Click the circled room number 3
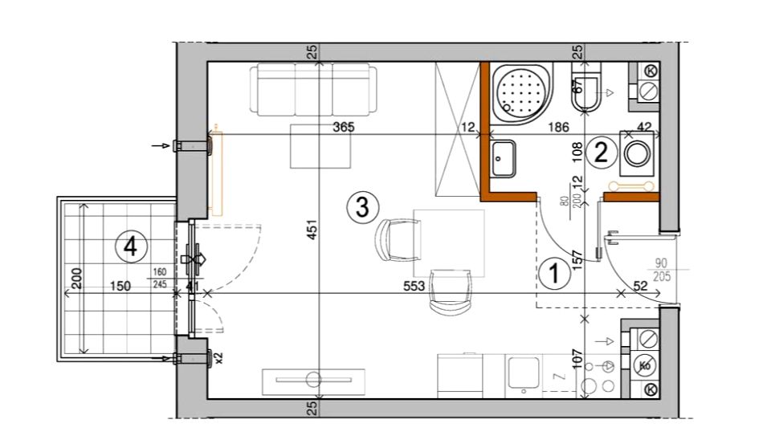click(x=362, y=207)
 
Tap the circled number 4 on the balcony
click(x=130, y=246)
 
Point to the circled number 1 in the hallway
click(x=555, y=274)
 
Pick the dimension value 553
click(x=414, y=286)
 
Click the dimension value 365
click(x=344, y=127)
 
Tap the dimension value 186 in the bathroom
click(x=558, y=128)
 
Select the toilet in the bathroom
click(x=586, y=89)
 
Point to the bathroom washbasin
click(x=503, y=158)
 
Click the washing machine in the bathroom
click(x=636, y=153)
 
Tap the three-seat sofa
click(x=313, y=90)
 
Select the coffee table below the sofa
click(x=320, y=146)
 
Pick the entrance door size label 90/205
click(x=663, y=270)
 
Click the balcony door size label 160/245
click(x=160, y=278)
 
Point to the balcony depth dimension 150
click(x=120, y=286)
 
